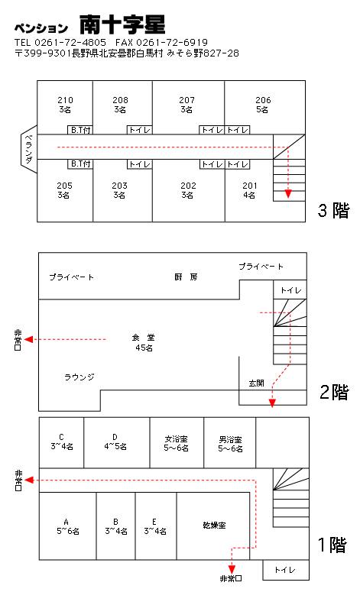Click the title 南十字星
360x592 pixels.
(x=122, y=24)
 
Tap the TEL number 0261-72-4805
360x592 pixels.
(x=70, y=42)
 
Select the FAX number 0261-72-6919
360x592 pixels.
(x=172, y=42)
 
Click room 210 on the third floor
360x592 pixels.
(x=65, y=105)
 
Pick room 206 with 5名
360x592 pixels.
(x=263, y=105)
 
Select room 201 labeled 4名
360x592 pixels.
(x=250, y=190)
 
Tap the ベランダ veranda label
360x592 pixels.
(x=29, y=149)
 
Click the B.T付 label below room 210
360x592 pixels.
(x=80, y=130)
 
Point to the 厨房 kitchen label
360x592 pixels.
(x=186, y=277)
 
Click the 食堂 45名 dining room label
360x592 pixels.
(x=144, y=342)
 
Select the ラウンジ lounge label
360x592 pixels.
(x=79, y=377)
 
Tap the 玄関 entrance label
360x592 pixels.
(x=257, y=383)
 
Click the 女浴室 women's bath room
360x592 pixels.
(x=176, y=443)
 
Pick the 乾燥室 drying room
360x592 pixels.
(x=214, y=526)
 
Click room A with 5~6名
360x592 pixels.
(x=67, y=526)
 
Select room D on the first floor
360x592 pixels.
(x=115, y=442)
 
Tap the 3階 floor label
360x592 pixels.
(x=333, y=210)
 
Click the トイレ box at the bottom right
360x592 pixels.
(x=286, y=570)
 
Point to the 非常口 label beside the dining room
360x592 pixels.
(x=18, y=340)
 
